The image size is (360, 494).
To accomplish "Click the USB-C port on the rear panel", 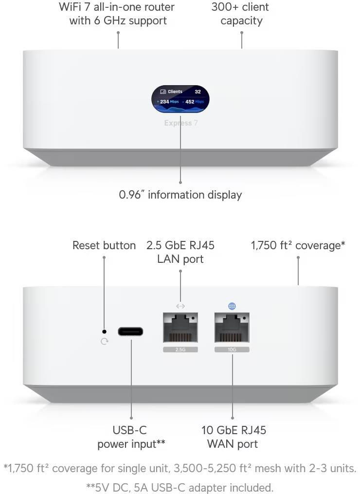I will (130, 331).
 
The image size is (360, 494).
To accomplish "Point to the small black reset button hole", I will (104, 331).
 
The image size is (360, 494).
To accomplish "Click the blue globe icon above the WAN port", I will (232, 306).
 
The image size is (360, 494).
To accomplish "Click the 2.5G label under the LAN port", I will (180, 349).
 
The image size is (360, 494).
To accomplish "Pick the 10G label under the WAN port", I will (232, 349).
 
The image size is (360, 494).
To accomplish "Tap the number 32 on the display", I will (198, 91).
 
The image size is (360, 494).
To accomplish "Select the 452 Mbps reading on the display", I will (194, 102).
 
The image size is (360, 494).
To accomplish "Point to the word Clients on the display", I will (175, 91).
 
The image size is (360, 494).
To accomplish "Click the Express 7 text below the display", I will (180, 123).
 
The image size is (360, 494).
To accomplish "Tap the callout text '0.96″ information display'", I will (180, 195).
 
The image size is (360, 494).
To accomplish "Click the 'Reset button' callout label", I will (104, 245).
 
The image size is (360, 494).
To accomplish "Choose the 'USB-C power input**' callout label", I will (131, 437).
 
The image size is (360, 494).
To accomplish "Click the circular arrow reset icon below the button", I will (104, 342).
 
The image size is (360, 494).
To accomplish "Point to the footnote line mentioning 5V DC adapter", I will (180, 487).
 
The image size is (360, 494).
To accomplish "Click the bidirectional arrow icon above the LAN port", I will (180, 306).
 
